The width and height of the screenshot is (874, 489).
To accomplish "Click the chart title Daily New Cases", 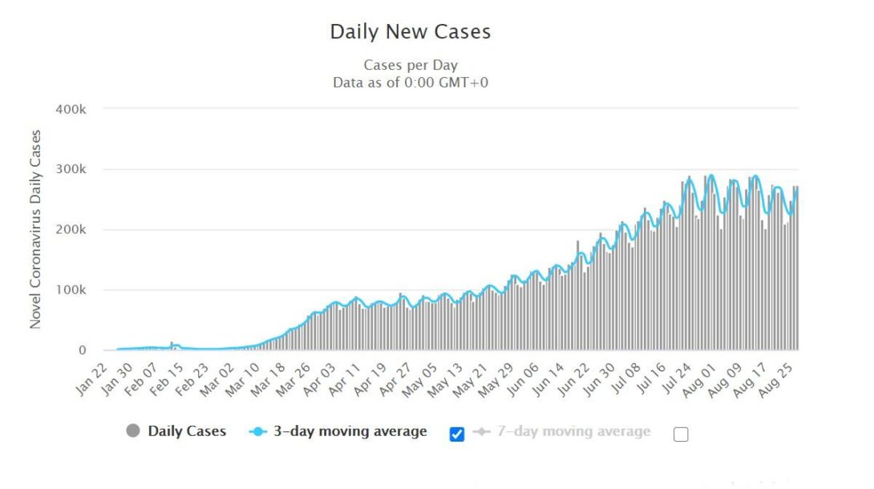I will [x=410, y=32].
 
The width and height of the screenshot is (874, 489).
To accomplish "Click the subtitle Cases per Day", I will [x=410, y=65].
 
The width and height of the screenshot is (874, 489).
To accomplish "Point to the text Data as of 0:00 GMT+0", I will [x=410, y=81].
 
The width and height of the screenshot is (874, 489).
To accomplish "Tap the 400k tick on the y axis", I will [x=71, y=108].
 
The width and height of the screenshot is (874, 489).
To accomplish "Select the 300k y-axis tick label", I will [x=71, y=169].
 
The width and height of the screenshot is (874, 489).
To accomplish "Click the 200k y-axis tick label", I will [x=71, y=230].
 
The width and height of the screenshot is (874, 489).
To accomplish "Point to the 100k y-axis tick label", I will [x=71, y=290].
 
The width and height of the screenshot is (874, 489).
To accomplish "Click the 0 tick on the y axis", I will [x=82, y=350].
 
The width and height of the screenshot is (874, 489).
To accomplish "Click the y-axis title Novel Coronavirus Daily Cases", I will [x=35, y=229].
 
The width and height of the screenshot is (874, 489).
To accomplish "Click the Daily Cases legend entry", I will [x=187, y=431].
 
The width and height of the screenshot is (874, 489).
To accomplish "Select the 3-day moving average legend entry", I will [x=350, y=431].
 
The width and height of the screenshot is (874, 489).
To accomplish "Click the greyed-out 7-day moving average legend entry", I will [x=571, y=431].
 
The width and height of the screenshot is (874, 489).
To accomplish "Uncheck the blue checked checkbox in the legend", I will [x=457, y=434].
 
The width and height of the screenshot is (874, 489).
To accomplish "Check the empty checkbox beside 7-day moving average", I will [x=681, y=434].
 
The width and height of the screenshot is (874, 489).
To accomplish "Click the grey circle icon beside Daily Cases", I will [x=133, y=431].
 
